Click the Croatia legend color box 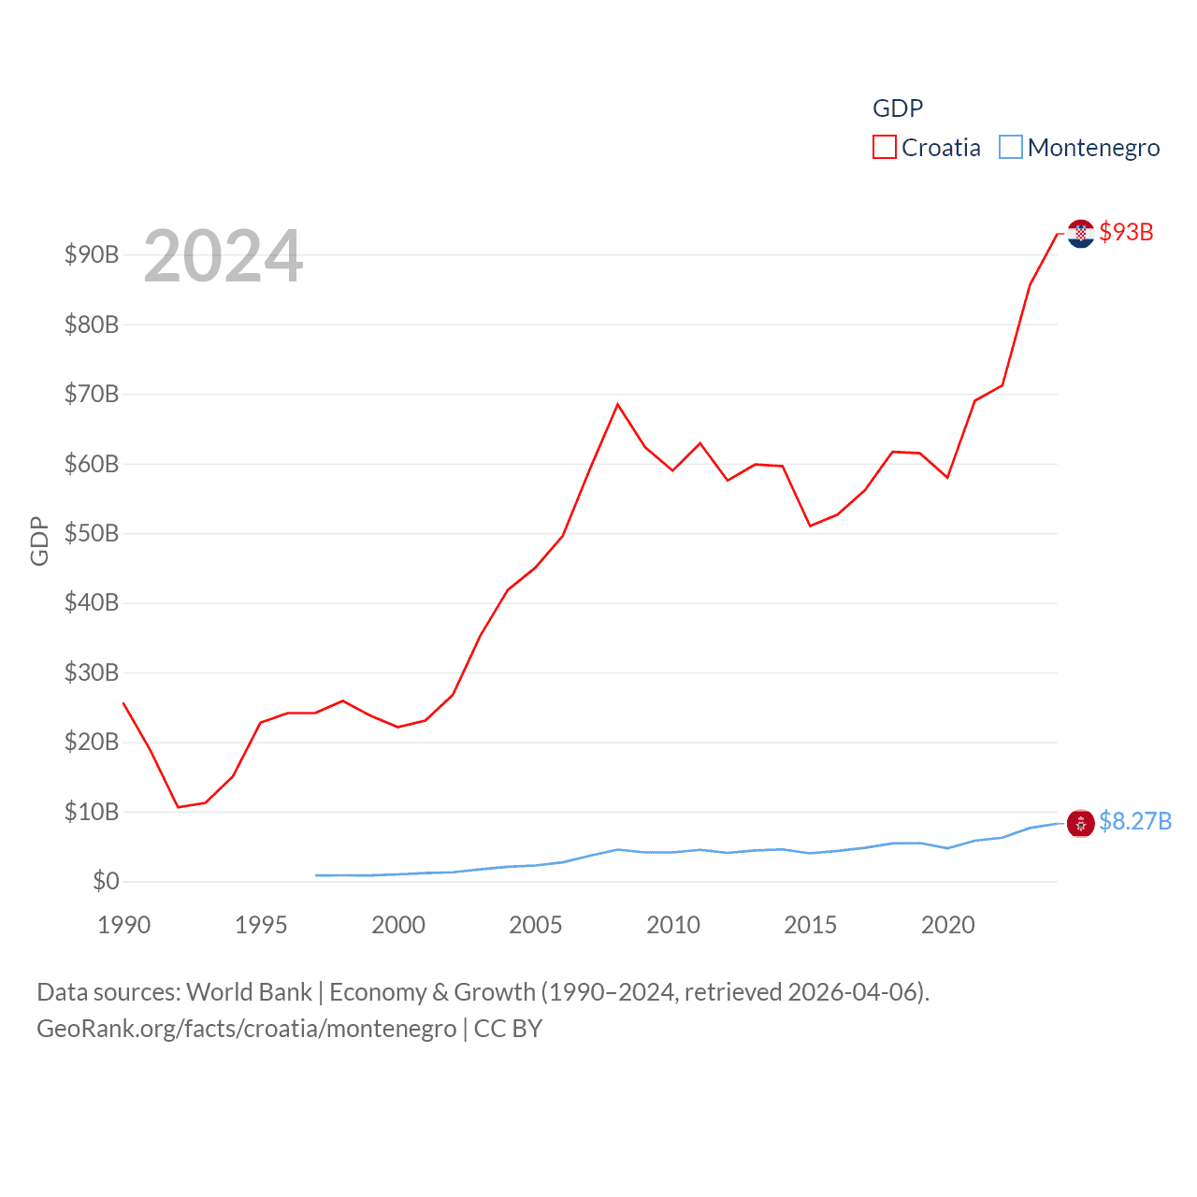[884, 148]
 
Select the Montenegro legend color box [1011, 148]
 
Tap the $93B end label [1126, 232]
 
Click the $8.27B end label [1135, 821]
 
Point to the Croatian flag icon [1081, 233]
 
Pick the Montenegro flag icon [1081, 823]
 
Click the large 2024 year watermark [223, 256]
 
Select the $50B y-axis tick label [92, 533]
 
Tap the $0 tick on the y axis [106, 881]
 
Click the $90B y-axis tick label [92, 254]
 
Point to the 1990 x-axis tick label [123, 925]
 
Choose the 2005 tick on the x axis [536, 925]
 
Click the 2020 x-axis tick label [948, 925]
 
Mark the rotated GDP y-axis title [39, 541]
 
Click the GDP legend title [898, 108]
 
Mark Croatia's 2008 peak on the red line [618, 404]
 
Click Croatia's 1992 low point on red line [178, 807]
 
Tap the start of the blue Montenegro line [316, 875]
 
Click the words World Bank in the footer [250, 991]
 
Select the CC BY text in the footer [508, 1029]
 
